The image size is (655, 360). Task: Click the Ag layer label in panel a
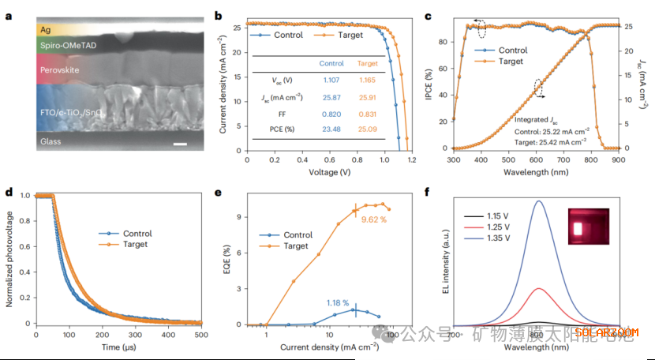click(x=47, y=29)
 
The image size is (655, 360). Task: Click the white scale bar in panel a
click(x=180, y=144)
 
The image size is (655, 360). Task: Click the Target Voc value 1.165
click(x=368, y=80)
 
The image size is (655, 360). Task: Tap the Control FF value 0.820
click(x=331, y=114)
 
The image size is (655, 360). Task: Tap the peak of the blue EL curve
click(x=538, y=201)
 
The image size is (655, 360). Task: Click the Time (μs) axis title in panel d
click(x=119, y=347)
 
